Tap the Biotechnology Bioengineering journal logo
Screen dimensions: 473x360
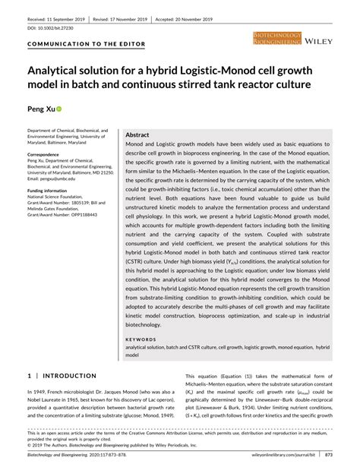(279, 36)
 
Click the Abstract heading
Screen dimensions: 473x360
(137, 134)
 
